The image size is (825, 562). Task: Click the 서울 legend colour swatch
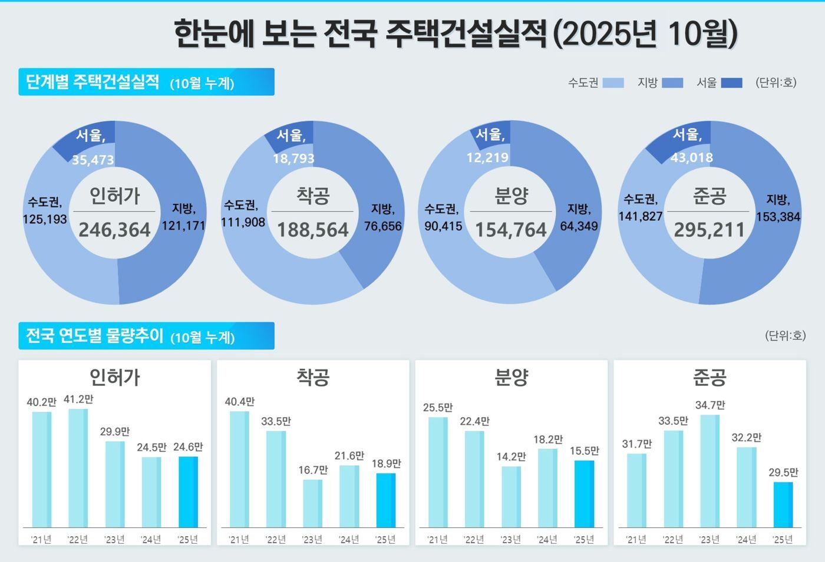click(731, 83)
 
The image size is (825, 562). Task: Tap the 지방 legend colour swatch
click(672, 83)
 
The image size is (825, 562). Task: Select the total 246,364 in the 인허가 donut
click(114, 230)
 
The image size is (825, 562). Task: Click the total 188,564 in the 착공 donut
click(313, 230)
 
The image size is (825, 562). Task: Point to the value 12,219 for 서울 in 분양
click(487, 158)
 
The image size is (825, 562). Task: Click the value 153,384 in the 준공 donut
click(778, 217)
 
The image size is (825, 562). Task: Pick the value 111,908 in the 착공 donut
click(243, 222)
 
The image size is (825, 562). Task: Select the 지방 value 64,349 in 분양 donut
click(579, 226)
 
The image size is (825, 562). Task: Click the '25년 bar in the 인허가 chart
click(188, 491)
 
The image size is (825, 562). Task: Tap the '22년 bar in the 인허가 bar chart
click(78, 468)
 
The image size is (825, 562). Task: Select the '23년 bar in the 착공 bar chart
click(312, 503)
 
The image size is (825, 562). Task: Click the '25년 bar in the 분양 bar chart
click(584, 494)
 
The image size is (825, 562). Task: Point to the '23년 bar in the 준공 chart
click(709, 471)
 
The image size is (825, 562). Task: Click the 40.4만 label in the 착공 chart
click(239, 402)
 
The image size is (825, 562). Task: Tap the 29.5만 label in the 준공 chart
click(783, 472)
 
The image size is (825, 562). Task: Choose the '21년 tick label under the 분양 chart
click(437, 540)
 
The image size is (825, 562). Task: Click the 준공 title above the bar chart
click(709, 377)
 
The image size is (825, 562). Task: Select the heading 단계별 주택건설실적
click(93, 82)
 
